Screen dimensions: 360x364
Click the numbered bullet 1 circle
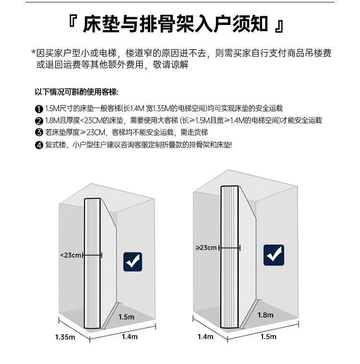39,109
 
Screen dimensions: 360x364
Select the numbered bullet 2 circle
39,121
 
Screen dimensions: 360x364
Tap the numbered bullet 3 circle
39,133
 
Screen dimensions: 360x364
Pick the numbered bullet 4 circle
39,145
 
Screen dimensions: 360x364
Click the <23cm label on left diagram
71,255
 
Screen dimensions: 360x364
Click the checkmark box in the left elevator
133,261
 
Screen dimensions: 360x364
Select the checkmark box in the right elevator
274,255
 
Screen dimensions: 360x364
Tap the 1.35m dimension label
65,337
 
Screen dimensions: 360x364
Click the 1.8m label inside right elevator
265,315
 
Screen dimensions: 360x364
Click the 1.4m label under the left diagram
130,337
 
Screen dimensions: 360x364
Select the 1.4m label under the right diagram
205,337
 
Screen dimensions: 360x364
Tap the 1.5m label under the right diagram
268,337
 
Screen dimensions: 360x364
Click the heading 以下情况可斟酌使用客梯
76,92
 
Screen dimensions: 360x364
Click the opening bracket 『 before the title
73,23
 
